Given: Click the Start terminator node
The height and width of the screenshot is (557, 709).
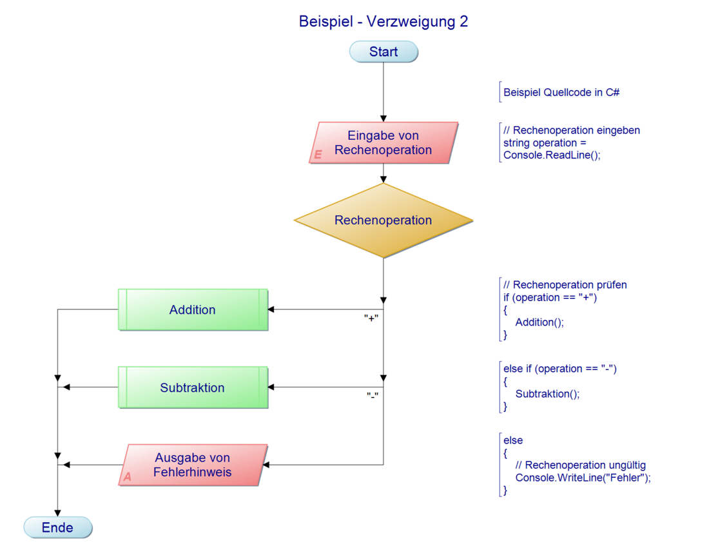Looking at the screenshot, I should tap(384, 52).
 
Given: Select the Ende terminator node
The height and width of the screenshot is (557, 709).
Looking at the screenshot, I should tap(57, 527).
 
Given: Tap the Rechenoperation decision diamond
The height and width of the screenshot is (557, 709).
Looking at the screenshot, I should tap(383, 220).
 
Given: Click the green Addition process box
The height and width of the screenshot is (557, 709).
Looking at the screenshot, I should tap(192, 310).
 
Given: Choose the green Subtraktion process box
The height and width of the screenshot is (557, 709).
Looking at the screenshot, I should tap(192, 388).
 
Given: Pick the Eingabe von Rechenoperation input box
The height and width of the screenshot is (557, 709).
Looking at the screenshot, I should tap(383, 142).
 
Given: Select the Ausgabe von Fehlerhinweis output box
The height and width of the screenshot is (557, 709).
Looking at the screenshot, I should tap(193, 465).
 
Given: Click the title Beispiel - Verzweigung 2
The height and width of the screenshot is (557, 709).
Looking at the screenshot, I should tap(383, 21).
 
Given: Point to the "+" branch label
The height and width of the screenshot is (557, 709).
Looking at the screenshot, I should tap(371, 318).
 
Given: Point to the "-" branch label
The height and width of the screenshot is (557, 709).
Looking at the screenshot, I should tap(372, 395).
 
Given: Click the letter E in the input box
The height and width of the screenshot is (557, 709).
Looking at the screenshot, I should tap(317, 155).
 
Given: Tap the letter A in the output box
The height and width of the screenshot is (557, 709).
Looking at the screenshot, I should tap(127, 478).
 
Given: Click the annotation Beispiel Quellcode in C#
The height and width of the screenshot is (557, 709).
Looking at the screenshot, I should tap(561, 93).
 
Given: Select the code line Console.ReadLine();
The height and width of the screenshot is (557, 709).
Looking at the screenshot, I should tap(551, 155).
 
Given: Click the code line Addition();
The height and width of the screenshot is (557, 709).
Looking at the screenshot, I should tap(539, 322).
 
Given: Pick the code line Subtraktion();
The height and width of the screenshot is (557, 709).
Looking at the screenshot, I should tap(547, 394).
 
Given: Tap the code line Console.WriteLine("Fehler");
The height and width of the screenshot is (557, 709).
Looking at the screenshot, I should tap(583, 478).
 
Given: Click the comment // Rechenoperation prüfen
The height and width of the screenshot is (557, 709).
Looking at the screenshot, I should tap(565, 285).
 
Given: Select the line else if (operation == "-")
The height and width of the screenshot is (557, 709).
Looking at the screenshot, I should tap(560, 369).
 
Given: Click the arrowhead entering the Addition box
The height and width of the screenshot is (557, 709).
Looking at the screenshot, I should tap(271, 310).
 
